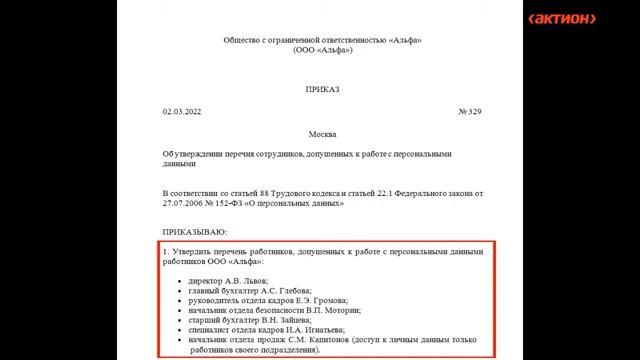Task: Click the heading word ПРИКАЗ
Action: tap(322, 89)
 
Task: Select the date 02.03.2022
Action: tap(182, 111)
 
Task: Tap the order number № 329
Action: tap(469, 111)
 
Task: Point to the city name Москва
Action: tap(322, 133)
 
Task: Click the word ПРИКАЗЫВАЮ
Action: tap(195, 232)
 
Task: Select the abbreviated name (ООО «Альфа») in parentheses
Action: tap(322, 49)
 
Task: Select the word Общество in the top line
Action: tap(243, 39)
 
